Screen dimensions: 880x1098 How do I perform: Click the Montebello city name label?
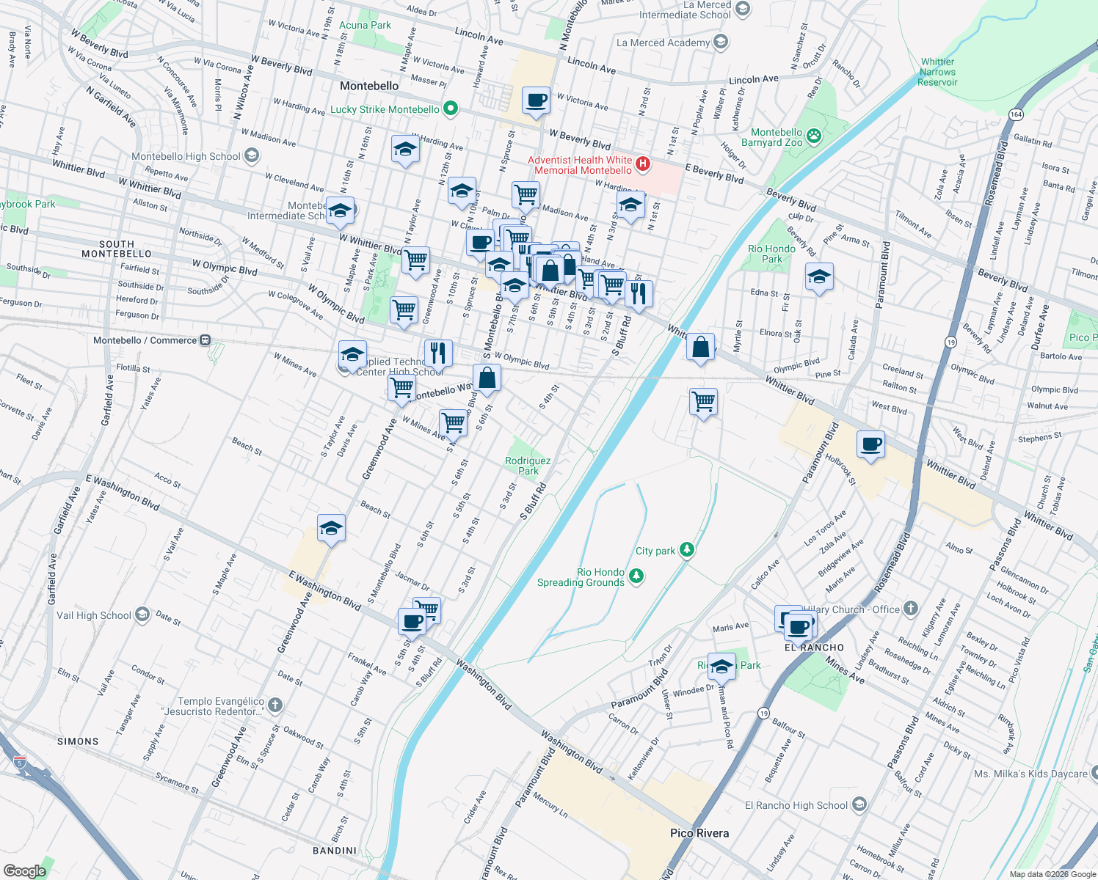click(369, 87)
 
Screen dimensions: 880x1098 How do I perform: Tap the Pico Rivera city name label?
click(699, 833)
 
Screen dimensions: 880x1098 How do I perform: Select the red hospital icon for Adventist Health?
click(642, 164)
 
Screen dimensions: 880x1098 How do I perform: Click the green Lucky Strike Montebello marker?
click(451, 110)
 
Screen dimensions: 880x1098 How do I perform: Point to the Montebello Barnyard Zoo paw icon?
click(813, 136)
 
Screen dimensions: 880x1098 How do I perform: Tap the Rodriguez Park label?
click(528, 466)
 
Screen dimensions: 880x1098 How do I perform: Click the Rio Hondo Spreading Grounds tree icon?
click(636, 576)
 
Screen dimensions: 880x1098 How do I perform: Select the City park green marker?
click(686, 549)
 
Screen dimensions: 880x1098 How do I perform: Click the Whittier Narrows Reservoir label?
click(937, 72)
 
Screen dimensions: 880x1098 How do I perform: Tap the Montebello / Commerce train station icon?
click(206, 340)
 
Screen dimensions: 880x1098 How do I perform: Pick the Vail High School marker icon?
click(142, 615)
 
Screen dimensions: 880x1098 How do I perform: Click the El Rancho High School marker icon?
click(859, 804)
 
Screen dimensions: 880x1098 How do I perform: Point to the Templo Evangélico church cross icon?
click(274, 705)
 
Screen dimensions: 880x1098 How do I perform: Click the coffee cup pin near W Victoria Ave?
click(536, 100)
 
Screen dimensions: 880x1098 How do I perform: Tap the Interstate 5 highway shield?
click(20, 763)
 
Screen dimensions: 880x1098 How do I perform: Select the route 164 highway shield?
click(1016, 114)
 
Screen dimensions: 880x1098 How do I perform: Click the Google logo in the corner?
click(24, 870)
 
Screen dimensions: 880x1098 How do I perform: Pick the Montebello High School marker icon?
click(252, 155)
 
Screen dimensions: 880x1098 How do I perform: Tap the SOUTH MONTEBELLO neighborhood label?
click(116, 249)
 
